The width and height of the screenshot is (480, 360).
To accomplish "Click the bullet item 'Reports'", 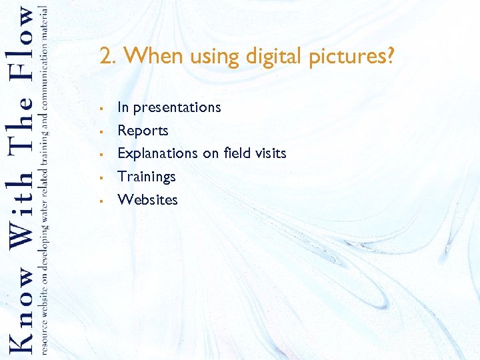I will pos(143,131).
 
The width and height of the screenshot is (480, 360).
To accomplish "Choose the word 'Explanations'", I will pos(157,153).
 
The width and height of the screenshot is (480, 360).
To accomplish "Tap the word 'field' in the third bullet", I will pos(236,153).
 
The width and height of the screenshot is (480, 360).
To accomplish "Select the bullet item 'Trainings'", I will pos(147,177).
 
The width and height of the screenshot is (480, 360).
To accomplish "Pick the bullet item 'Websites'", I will pos(148,199).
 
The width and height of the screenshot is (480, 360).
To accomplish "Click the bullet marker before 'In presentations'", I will pos(99,108).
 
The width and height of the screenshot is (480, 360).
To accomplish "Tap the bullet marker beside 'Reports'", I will pos(99,131).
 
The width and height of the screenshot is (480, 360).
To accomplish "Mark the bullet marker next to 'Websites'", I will pos(99,200).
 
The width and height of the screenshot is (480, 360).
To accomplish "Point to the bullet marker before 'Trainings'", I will pos(99,177).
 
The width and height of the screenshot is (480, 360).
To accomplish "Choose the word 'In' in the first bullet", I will pos(123,107).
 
